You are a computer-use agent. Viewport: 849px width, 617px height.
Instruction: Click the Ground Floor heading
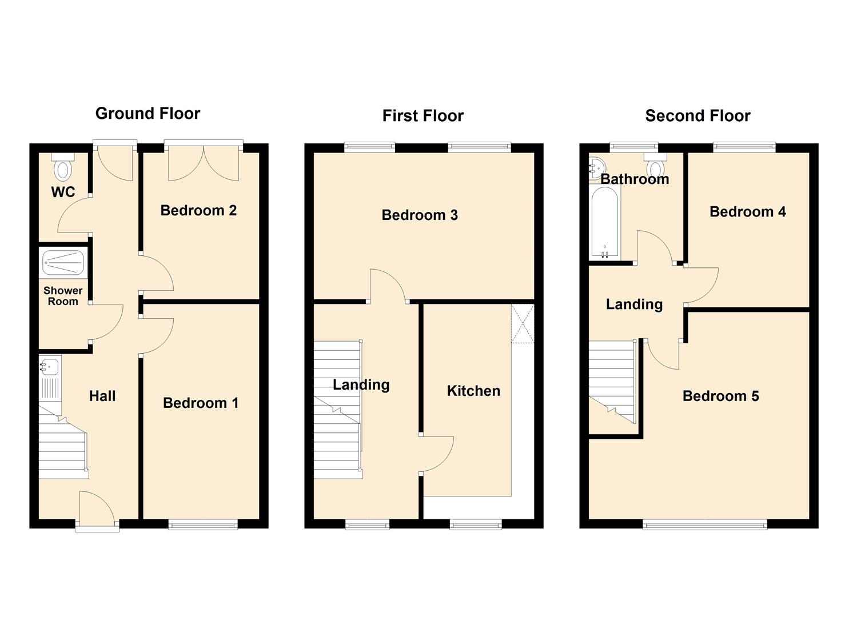(148, 113)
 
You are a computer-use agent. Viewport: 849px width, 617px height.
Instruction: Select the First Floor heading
(422, 116)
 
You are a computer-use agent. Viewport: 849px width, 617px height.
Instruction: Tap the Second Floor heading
(697, 116)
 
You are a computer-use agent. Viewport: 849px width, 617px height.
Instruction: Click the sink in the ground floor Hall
(49, 365)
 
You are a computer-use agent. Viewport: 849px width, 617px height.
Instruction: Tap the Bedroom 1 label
(201, 403)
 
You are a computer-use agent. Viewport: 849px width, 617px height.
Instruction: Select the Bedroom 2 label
(198, 210)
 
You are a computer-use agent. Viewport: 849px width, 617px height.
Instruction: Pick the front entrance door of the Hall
(97, 510)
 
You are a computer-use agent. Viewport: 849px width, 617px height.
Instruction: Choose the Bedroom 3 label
(420, 215)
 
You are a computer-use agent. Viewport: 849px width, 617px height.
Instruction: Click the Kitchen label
(473, 391)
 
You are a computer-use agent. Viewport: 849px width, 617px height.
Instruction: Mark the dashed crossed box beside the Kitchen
(523, 324)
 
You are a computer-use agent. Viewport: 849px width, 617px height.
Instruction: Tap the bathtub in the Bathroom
(604, 223)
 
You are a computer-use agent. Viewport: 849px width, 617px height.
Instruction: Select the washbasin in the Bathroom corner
(596, 166)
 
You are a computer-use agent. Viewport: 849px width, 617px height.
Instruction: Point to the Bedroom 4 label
(747, 212)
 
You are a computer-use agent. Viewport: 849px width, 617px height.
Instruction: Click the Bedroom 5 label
(720, 396)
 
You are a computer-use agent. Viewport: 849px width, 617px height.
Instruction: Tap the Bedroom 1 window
(203, 524)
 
